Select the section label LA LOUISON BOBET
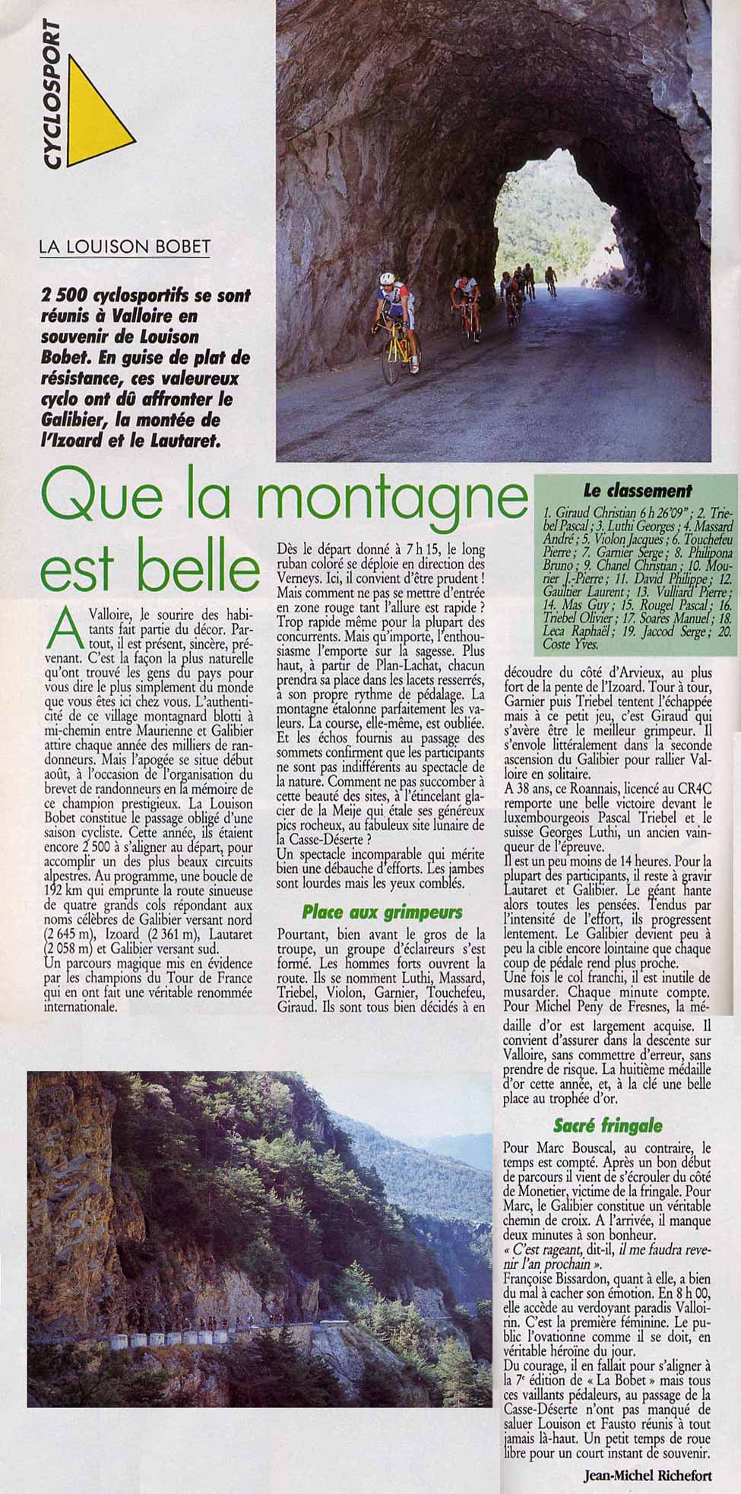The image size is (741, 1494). pos(125,248)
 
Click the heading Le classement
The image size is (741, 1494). pos(637,490)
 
